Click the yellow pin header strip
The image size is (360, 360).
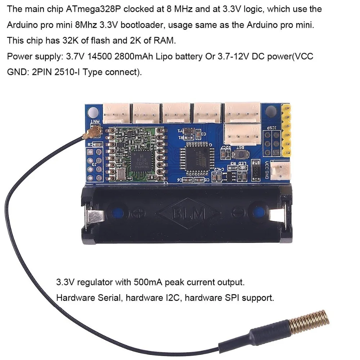pyautogui.click(x=287, y=131)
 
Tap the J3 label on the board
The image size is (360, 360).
pyautogui.click(x=94, y=165)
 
